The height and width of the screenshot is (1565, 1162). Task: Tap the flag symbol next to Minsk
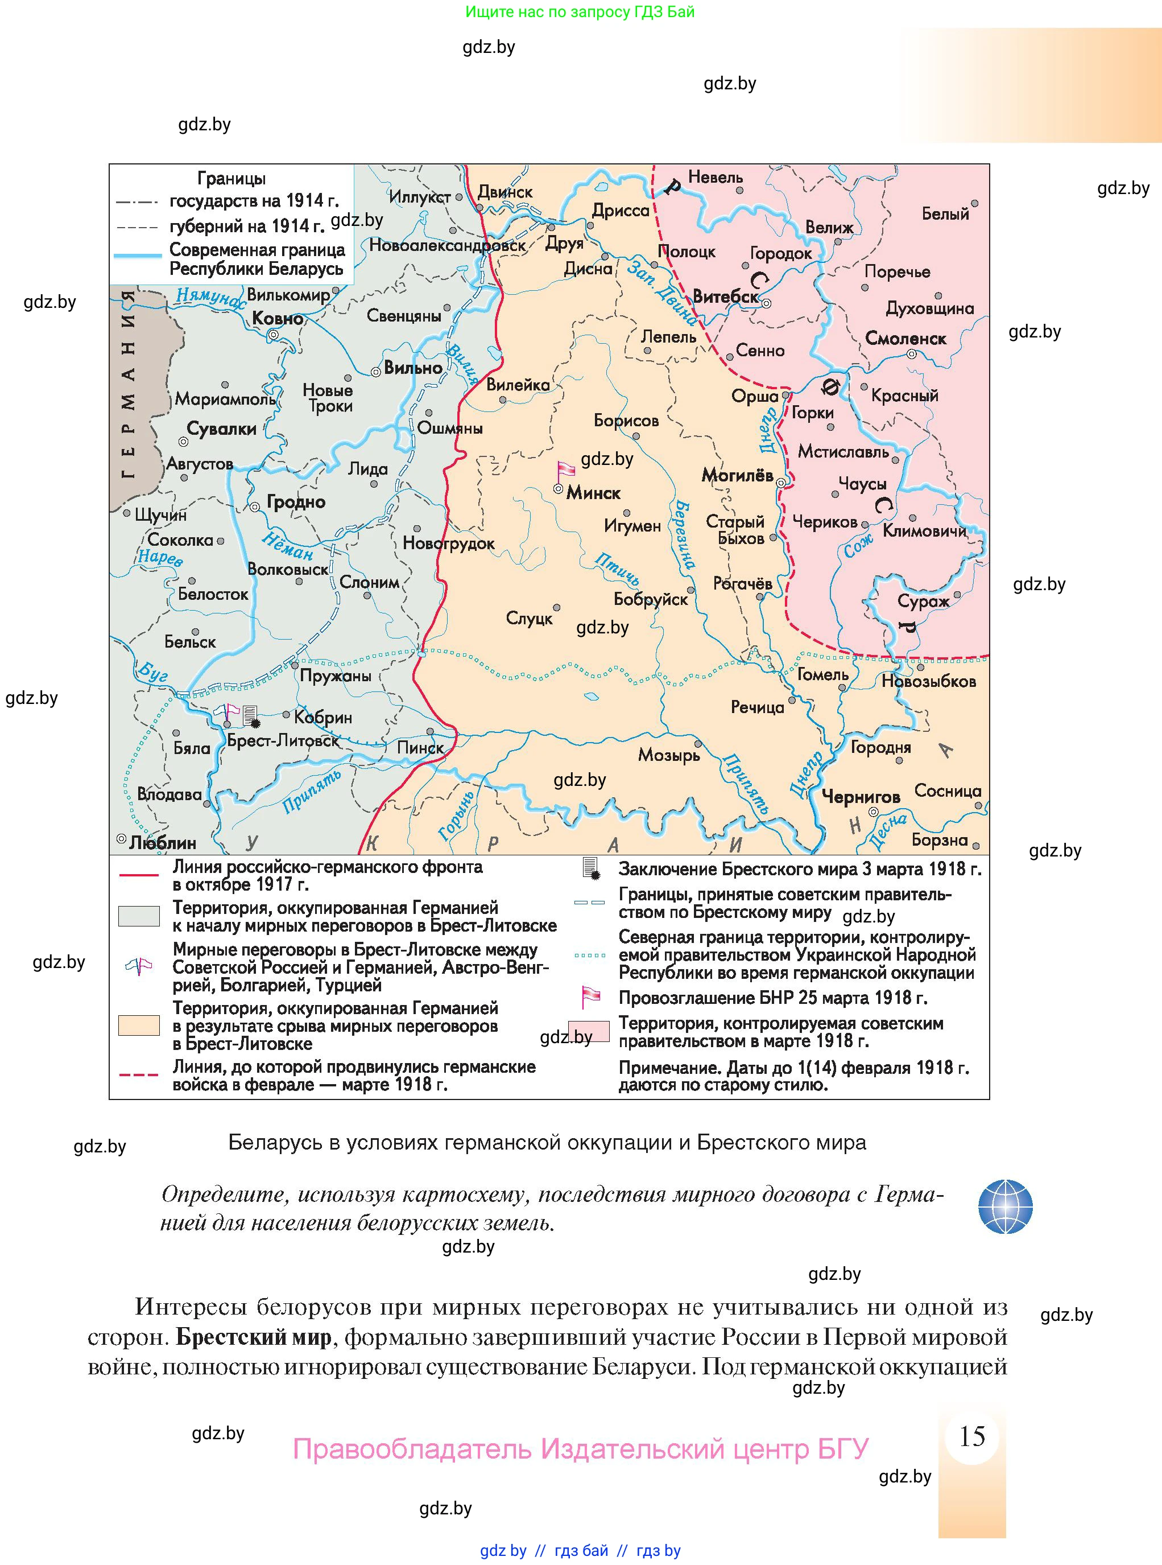click(565, 470)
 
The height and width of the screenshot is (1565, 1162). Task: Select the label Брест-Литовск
click(283, 740)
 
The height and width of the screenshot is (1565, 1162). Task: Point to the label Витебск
click(725, 297)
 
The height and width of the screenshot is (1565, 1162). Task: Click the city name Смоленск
click(905, 339)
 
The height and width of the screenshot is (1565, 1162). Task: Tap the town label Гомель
click(822, 674)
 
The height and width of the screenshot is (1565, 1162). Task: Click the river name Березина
click(684, 535)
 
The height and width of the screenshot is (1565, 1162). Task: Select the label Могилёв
click(737, 476)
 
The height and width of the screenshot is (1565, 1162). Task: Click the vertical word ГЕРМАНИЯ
click(128, 384)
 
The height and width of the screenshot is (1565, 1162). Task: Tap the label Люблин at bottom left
click(163, 842)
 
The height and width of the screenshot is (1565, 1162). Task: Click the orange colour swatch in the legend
click(139, 1026)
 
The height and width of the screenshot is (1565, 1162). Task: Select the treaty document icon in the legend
click(591, 868)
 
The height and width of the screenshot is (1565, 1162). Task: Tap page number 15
click(972, 1437)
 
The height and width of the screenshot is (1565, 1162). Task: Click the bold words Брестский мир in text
click(253, 1336)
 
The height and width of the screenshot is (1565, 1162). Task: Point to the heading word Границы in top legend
click(231, 179)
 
